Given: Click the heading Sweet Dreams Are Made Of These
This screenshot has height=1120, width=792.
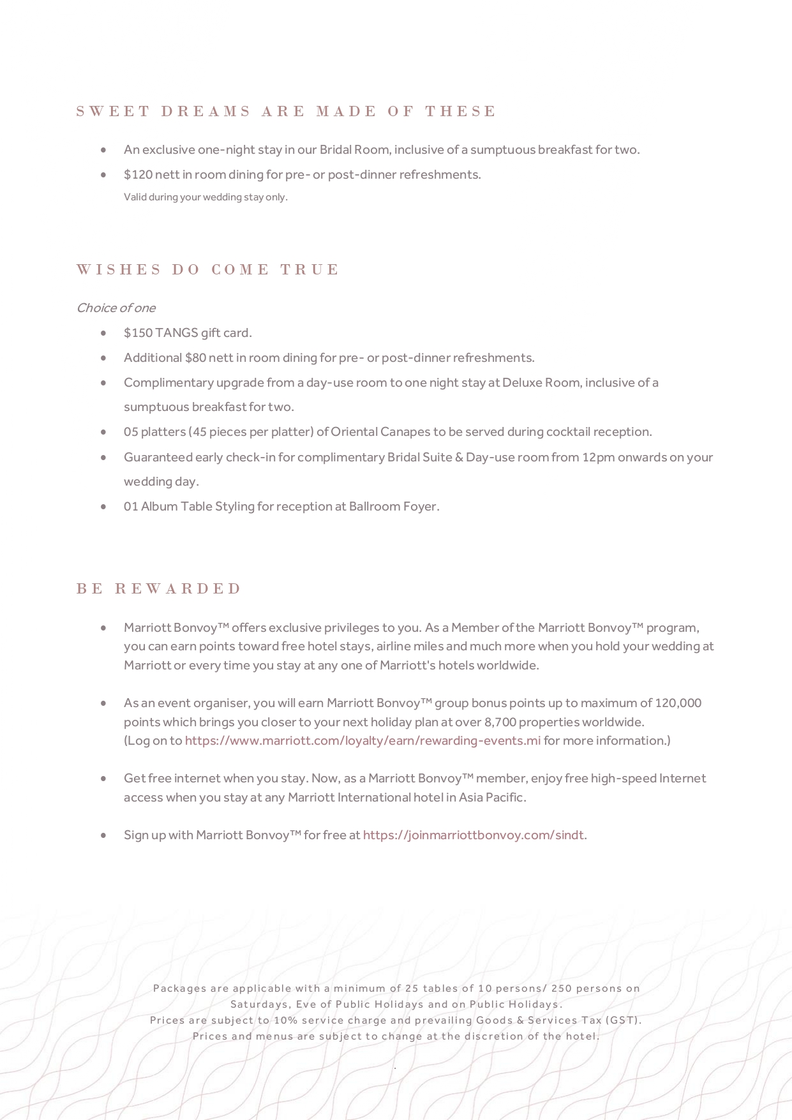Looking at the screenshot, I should click(286, 112).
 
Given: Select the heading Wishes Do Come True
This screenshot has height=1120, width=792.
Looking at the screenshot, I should click(208, 269).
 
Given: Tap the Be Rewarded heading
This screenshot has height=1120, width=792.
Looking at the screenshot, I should click(159, 588).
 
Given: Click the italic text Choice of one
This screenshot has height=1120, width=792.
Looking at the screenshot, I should click(116, 308).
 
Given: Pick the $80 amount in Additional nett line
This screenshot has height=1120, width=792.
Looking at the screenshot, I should click(195, 358).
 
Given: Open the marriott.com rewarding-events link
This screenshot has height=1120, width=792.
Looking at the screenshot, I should click(362, 741).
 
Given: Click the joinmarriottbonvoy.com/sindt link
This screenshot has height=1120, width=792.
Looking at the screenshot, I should click(473, 835).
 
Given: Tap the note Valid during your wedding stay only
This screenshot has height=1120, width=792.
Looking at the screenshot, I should click(205, 197).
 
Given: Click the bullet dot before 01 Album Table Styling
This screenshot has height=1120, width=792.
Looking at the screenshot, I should click(103, 507).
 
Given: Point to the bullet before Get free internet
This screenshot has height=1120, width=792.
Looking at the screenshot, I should click(103, 779).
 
